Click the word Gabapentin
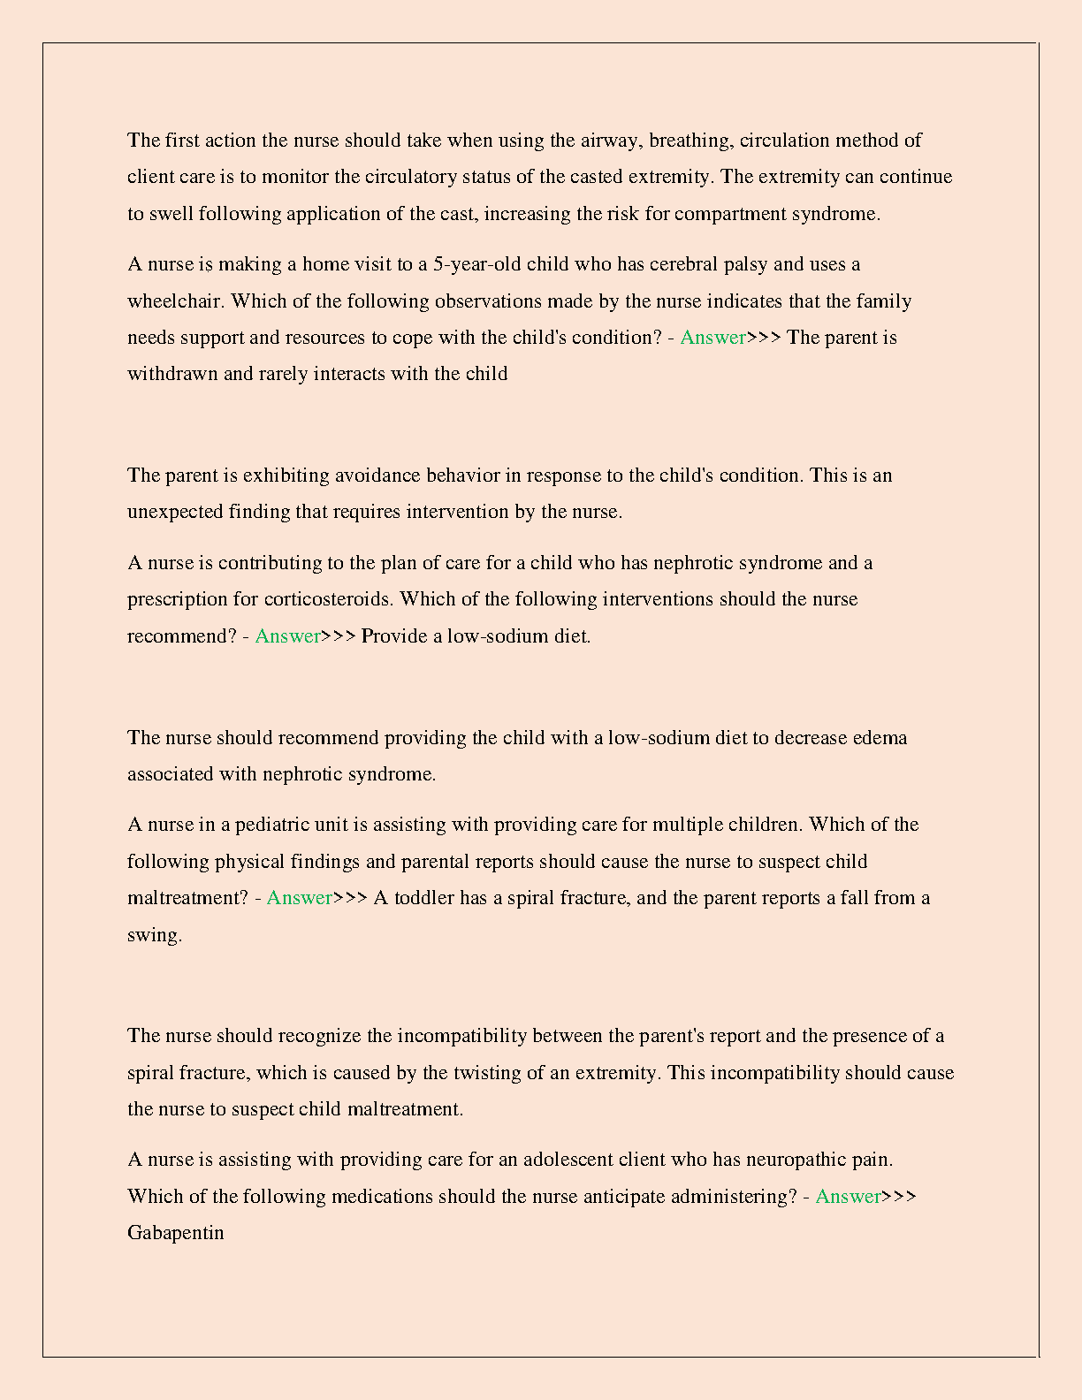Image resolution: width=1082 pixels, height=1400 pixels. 175,1232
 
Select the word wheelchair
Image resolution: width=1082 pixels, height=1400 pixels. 175,301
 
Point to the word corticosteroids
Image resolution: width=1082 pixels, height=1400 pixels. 328,599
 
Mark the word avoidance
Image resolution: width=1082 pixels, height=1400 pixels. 376,476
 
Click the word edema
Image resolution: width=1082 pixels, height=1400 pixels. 880,738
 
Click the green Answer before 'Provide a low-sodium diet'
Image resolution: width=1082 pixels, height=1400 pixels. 287,636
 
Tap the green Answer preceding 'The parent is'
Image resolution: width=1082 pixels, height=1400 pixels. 712,338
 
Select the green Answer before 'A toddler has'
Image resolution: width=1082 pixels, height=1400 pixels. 299,898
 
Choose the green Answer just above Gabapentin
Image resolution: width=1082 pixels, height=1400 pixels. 848,1196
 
